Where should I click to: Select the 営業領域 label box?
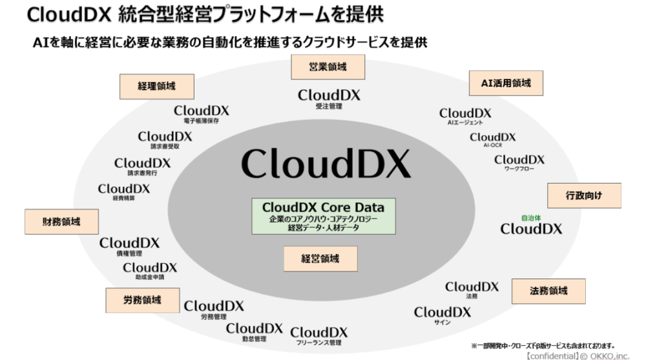pyautogui.click(x=328, y=66)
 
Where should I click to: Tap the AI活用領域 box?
pyautogui.click(x=506, y=82)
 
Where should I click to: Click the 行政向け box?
pyautogui.click(x=584, y=195)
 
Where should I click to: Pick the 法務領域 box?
pyautogui.click(x=548, y=291)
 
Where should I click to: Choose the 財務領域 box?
pyautogui.click(x=62, y=221)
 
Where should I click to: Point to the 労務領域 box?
pyautogui.click(x=141, y=300)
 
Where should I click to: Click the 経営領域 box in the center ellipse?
pyautogui.click(x=320, y=259)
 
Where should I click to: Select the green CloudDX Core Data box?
pyautogui.click(x=323, y=217)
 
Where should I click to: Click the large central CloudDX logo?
pyautogui.click(x=326, y=162)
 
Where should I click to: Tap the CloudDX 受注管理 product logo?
pyautogui.click(x=329, y=96)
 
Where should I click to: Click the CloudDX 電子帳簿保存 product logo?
pyautogui.click(x=201, y=111)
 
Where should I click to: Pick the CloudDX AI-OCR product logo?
pyautogui.click(x=492, y=137)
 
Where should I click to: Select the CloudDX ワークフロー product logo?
pyautogui.click(x=519, y=160)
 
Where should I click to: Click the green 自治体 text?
pyautogui.click(x=530, y=218)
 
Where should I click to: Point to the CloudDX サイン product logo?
pyautogui.click(x=443, y=313)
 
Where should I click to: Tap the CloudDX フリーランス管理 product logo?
pyautogui.click(x=319, y=332)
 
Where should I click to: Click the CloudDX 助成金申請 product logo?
pyautogui.click(x=150, y=268)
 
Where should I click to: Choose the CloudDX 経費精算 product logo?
pyautogui.click(x=124, y=189)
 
